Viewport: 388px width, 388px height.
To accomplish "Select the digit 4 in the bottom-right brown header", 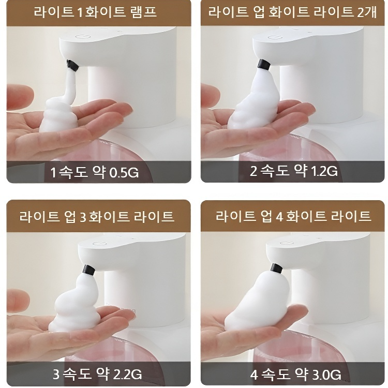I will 279,216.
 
